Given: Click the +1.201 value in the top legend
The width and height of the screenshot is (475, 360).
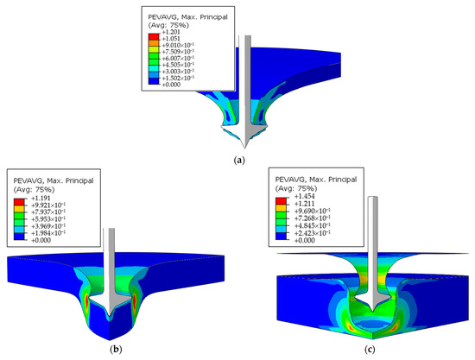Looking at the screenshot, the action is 171,32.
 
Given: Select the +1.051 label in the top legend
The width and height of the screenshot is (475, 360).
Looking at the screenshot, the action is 171,39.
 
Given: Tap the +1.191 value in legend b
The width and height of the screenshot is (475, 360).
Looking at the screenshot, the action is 41,199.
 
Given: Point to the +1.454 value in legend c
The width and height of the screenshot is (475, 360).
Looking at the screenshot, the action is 305,197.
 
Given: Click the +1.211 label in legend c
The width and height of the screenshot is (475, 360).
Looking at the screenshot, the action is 305,204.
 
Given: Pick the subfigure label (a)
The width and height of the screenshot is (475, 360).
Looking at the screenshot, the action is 239,160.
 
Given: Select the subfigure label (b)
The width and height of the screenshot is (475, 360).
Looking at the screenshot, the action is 116,350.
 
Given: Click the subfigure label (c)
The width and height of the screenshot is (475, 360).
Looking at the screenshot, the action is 370,350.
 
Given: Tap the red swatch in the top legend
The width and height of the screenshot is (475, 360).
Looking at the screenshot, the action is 154,37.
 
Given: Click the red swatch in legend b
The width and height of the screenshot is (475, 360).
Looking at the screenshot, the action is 19,202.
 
